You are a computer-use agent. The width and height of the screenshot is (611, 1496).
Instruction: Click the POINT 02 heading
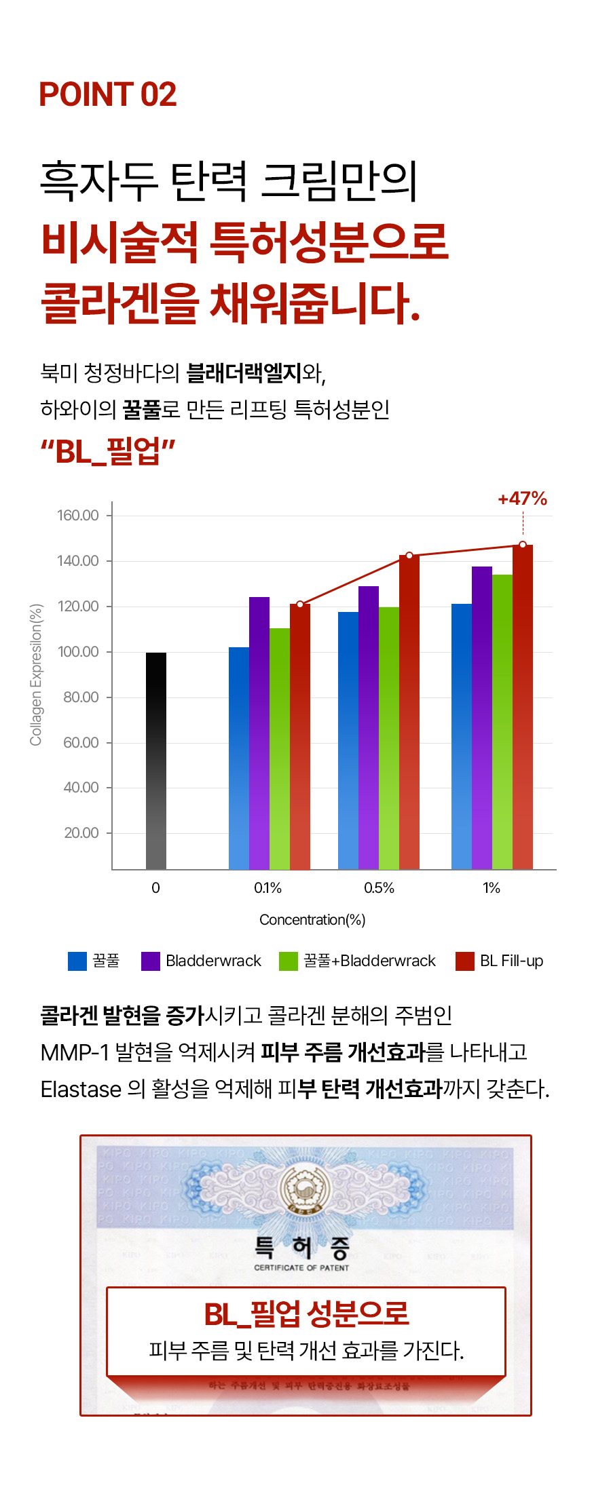(107, 94)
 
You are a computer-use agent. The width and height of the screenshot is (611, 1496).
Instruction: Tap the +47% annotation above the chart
(522, 499)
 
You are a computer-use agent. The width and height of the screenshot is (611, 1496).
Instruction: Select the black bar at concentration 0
(156, 760)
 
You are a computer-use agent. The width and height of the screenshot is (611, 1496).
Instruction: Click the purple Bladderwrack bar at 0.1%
(259, 733)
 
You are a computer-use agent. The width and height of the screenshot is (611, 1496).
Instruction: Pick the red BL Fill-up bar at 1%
(523, 706)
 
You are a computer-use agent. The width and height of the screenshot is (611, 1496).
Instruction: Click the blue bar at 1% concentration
(462, 736)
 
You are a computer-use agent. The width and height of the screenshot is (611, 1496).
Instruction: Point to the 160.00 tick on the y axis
(78, 516)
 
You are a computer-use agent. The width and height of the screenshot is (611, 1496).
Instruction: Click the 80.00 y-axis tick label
(81, 697)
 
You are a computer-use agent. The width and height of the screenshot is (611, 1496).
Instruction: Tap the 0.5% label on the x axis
(379, 888)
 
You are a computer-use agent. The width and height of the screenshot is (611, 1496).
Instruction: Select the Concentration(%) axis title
(312, 920)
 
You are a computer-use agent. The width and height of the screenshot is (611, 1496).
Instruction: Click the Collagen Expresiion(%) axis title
(36, 674)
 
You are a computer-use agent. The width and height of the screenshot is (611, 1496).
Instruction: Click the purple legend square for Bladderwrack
(150, 961)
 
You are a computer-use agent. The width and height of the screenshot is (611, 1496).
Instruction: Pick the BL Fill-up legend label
(511, 961)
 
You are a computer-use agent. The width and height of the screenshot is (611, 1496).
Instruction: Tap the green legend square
(289, 961)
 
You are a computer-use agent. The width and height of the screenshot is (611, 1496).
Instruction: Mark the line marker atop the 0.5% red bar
(409, 556)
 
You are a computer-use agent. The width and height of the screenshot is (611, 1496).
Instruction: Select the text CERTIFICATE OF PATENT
(301, 1267)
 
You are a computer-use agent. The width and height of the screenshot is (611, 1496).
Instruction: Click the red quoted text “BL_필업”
(108, 451)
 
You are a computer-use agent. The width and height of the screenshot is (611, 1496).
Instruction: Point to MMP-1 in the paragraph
(74, 1052)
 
